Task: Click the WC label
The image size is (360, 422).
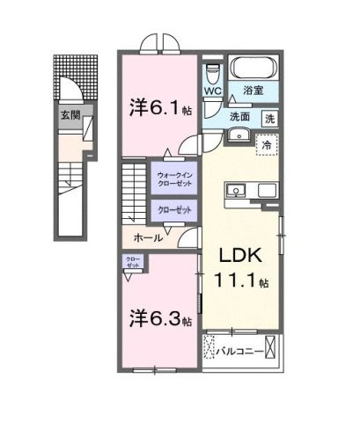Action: coord(213,91)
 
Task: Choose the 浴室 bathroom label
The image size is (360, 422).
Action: coord(263,91)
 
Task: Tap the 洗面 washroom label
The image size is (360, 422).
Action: coord(242,117)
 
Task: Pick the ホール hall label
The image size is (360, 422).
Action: coord(147,238)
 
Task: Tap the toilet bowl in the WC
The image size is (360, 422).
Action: coord(211,70)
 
